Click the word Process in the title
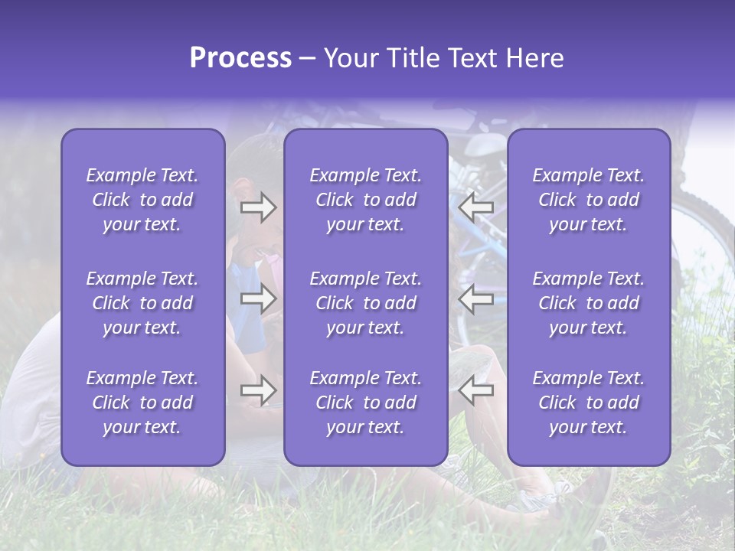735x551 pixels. click(x=240, y=58)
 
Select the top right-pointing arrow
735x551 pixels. click(x=258, y=207)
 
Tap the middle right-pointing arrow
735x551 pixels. click(x=258, y=299)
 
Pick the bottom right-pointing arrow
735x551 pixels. click(x=258, y=391)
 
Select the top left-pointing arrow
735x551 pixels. click(x=475, y=207)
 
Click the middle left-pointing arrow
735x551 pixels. click(x=475, y=299)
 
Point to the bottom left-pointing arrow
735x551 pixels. click(x=475, y=391)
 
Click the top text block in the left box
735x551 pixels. click(x=142, y=200)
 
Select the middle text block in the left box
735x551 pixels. click(x=142, y=303)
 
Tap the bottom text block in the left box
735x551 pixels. click(x=142, y=403)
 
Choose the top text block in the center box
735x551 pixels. click(x=365, y=200)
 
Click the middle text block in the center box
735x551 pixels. click(x=365, y=303)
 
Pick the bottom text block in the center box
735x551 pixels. click(x=365, y=403)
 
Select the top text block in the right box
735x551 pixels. click(x=588, y=200)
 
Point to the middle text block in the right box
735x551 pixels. click(x=588, y=303)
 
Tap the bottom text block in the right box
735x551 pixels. click(x=588, y=403)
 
